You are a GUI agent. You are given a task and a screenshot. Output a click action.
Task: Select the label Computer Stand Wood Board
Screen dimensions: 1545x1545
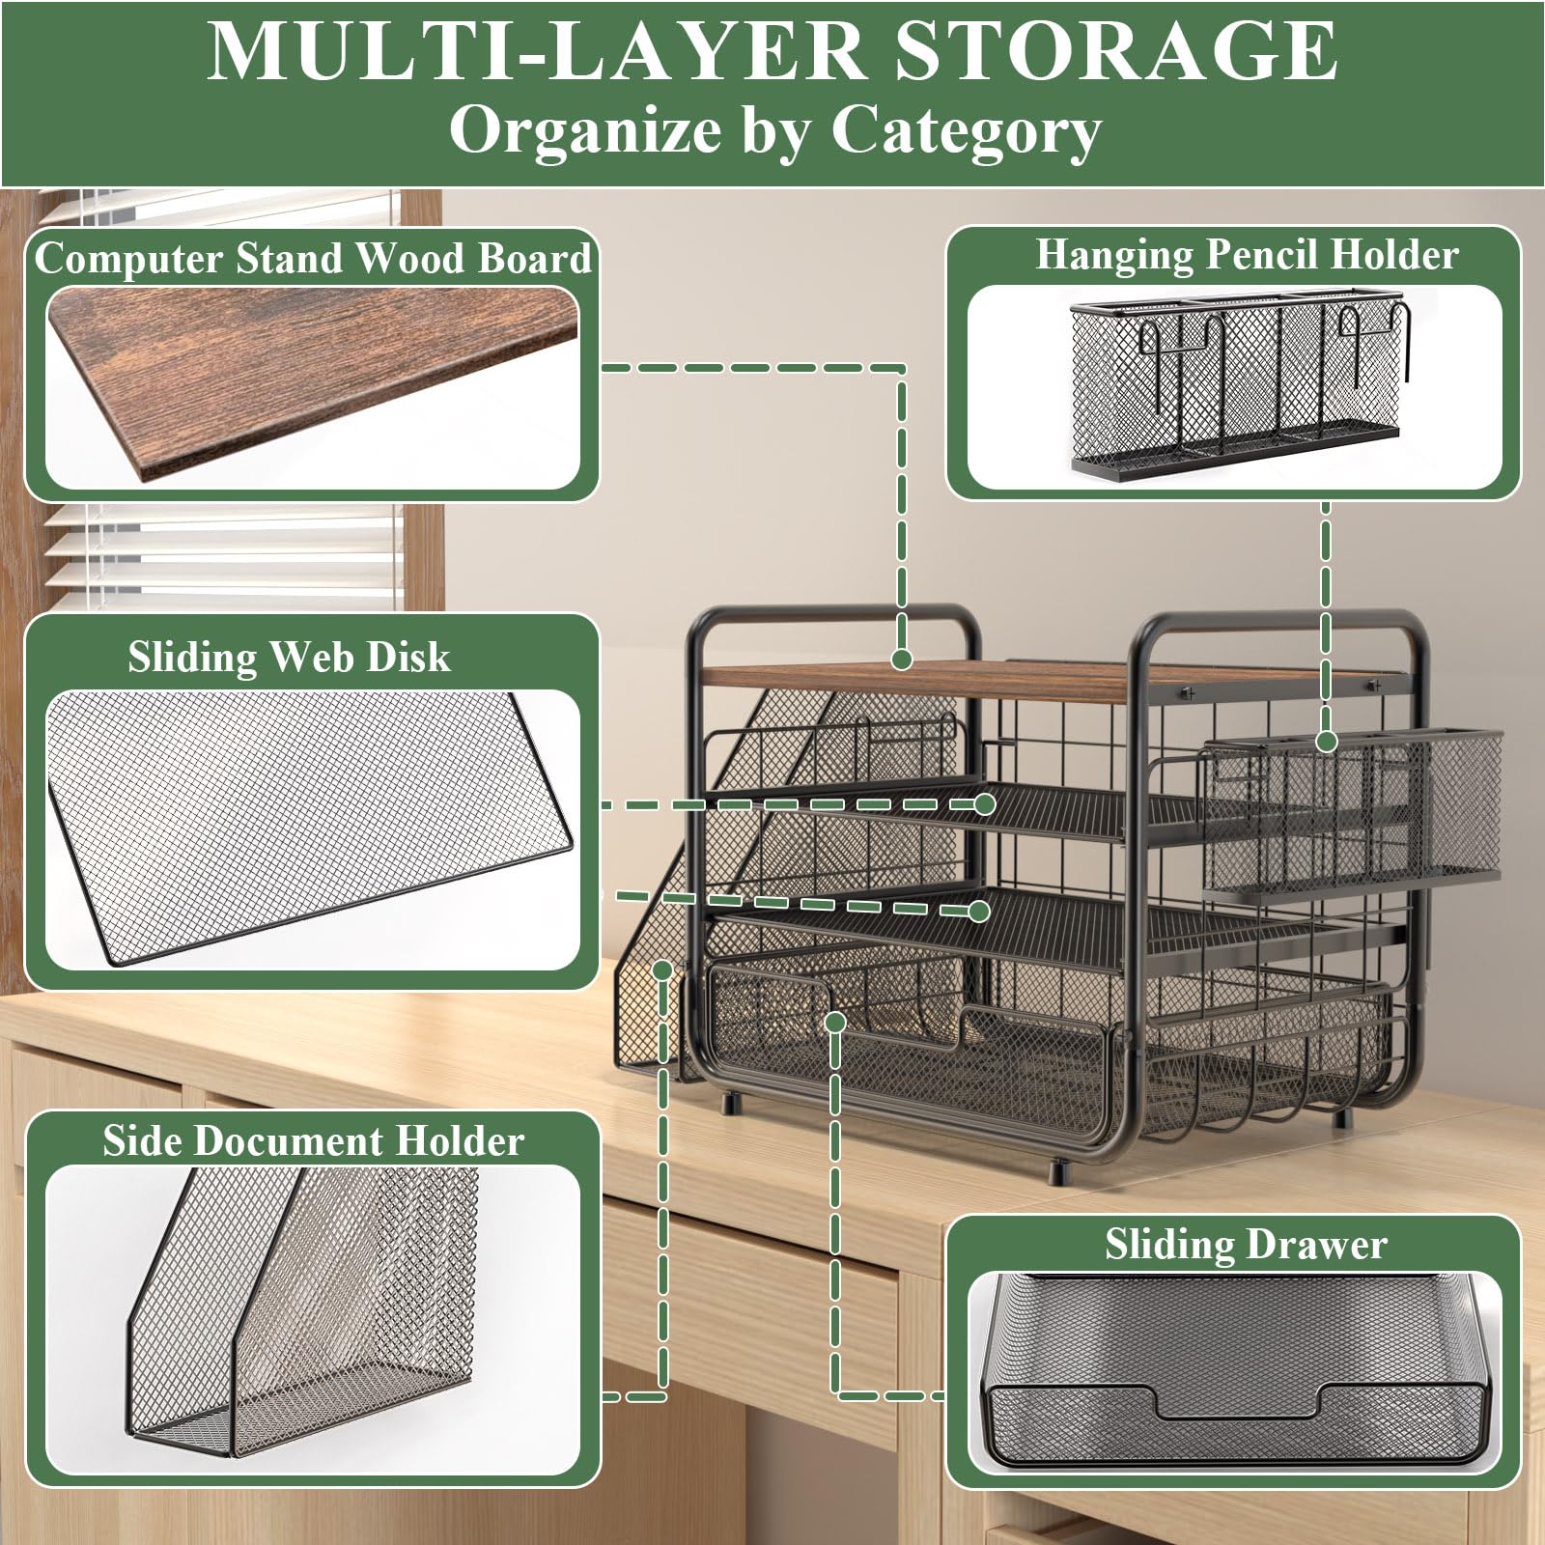(313, 259)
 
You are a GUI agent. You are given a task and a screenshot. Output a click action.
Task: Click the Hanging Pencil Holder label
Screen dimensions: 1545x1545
(1247, 256)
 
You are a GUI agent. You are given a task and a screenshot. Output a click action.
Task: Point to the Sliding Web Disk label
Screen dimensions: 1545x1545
(289, 657)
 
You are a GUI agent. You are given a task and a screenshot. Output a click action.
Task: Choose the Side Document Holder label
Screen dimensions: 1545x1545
(313, 1140)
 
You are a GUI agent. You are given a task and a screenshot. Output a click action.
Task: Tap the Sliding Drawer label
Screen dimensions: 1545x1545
(1246, 1244)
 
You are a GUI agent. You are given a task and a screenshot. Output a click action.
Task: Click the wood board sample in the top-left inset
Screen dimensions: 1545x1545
(313, 383)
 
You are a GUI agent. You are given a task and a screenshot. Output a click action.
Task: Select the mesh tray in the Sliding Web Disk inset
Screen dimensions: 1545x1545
(309, 826)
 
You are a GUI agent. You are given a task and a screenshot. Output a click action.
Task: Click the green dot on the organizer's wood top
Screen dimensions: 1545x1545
(902, 660)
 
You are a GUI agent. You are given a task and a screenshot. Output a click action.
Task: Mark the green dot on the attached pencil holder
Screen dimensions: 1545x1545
(1327, 742)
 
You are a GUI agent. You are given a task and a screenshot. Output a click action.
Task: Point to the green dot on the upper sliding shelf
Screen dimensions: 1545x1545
(985, 803)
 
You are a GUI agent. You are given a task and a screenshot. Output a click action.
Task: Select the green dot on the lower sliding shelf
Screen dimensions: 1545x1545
(979, 911)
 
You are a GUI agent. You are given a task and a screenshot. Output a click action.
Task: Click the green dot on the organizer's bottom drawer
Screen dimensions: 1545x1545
(836, 1022)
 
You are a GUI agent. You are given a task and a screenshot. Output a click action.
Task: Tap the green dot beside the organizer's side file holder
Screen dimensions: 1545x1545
(662, 969)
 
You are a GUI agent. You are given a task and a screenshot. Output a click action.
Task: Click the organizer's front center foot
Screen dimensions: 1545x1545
(1059, 1172)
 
